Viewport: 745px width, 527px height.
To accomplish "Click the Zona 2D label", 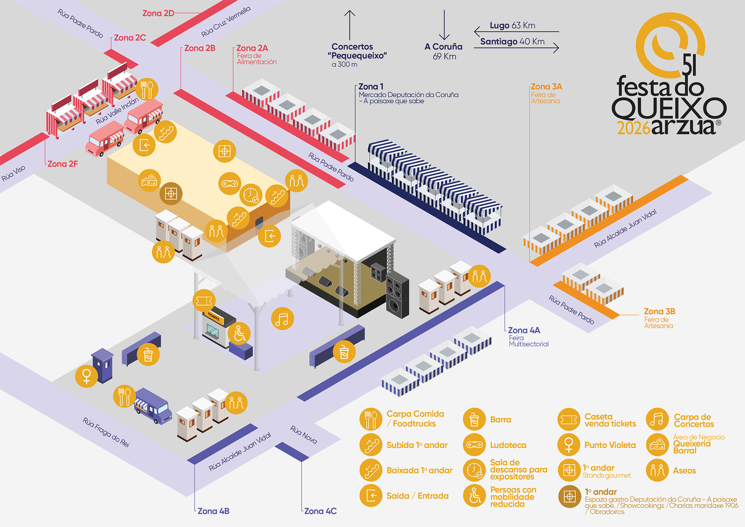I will [x=158, y=13].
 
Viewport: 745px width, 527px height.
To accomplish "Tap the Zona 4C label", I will [x=320, y=511].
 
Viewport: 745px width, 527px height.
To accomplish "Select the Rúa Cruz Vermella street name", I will [x=226, y=22].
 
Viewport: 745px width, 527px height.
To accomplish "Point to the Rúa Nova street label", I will [x=304, y=435].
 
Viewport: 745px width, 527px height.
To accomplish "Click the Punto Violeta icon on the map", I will [x=86, y=376].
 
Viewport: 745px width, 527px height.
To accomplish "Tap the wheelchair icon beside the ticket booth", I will [x=240, y=333].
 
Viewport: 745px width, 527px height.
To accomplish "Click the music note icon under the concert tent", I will [x=282, y=319].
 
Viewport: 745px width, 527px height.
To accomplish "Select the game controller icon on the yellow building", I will [x=230, y=183].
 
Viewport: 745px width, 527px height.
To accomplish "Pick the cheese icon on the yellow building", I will [x=149, y=181].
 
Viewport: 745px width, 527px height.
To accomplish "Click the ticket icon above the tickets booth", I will [x=204, y=300].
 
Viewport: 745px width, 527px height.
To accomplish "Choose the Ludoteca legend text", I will [x=508, y=445].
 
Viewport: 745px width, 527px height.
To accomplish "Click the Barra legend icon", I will [x=474, y=419].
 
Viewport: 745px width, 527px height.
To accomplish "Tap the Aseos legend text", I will [x=684, y=471].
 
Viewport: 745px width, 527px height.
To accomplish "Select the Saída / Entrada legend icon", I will [x=371, y=495].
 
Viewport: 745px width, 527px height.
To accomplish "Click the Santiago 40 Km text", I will [x=512, y=41].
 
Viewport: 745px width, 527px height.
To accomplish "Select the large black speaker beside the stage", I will [x=397, y=294].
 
